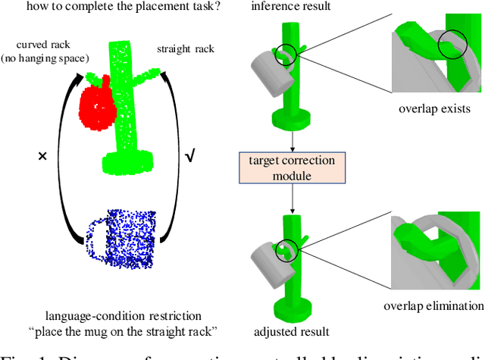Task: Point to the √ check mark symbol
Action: tap(190, 156)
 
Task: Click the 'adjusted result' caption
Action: tap(292, 331)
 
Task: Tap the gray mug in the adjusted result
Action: tap(261, 256)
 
